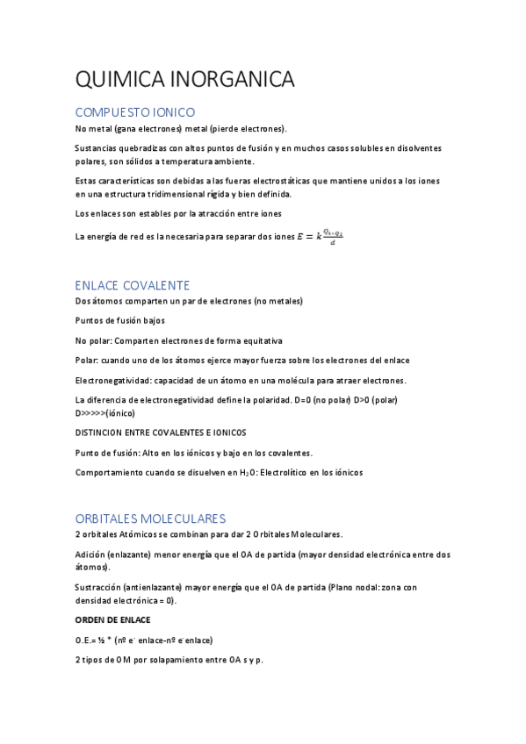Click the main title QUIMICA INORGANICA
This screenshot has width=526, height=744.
(185, 80)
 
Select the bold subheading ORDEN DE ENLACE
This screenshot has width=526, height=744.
(112, 620)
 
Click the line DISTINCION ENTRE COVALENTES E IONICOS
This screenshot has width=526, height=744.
(161, 433)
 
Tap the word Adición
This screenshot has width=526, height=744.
(90, 554)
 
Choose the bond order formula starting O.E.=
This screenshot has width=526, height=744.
(144, 640)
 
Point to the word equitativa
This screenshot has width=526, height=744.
(258, 340)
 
